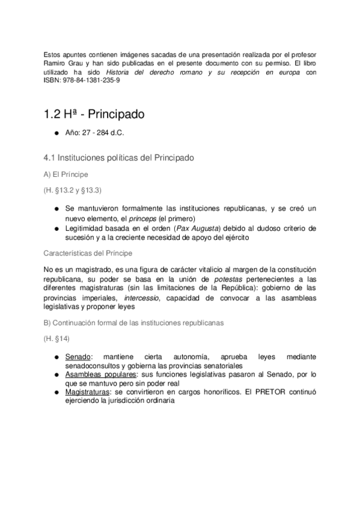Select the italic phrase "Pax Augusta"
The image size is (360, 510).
pos(206,229)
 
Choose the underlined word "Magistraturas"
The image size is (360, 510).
pos(89,392)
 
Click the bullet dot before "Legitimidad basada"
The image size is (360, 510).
pos(56,229)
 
